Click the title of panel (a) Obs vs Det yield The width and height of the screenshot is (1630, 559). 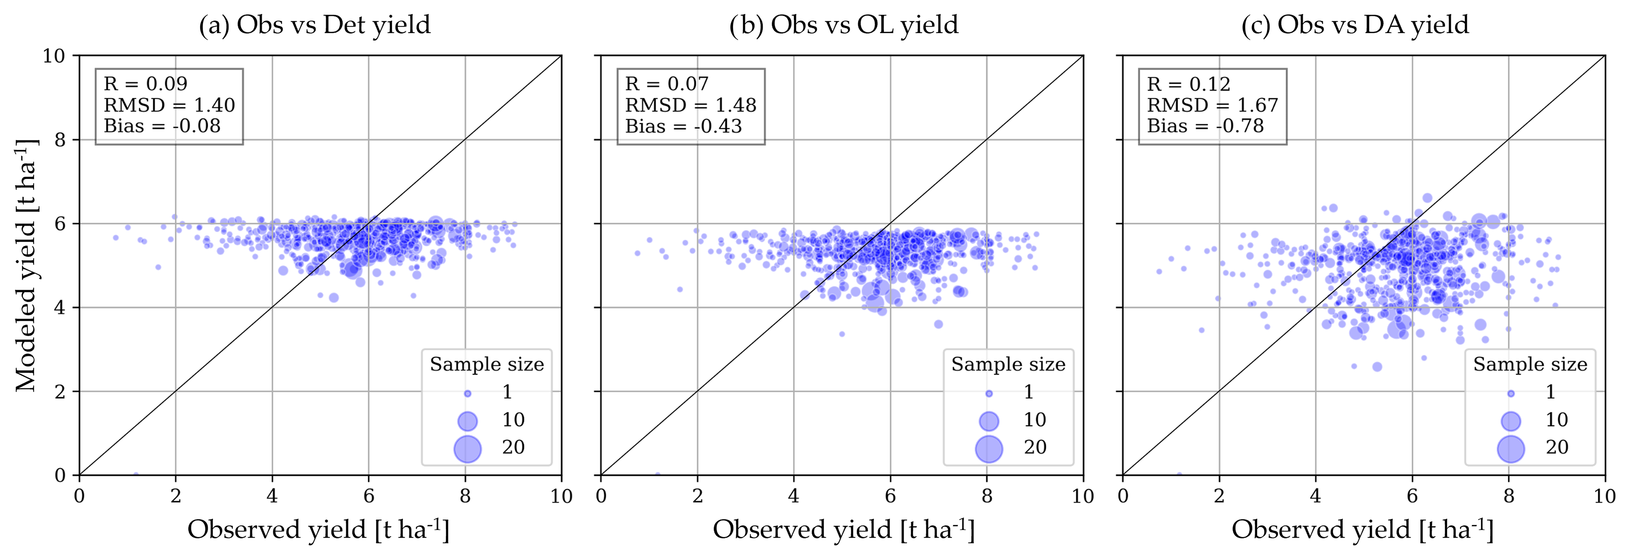click(314, 25)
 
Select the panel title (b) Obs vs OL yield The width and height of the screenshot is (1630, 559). click(843, 25)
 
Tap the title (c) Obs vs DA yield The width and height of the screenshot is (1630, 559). click(1355, 25)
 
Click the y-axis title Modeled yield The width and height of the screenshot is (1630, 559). click(27, 266)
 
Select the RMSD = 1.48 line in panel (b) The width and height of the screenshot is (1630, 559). click(690, 105)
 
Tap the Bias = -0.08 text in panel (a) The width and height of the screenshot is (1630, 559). click(162, 126)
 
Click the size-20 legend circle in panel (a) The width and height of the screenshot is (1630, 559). click(467, 448)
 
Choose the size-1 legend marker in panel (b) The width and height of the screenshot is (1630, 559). click(989, 393)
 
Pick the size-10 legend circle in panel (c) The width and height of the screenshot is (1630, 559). click(1510, 421)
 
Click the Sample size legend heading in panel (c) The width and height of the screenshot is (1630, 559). click(1530, 364)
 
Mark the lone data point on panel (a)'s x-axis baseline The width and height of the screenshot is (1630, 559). click(135, 474)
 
